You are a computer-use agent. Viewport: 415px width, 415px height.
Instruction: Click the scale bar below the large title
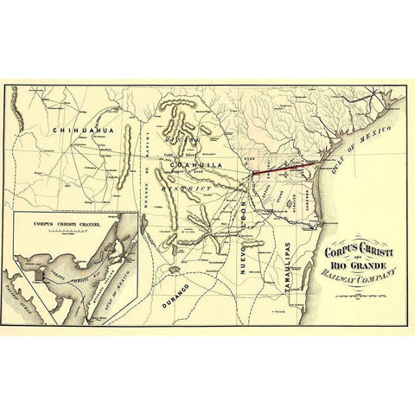point(362,297)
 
